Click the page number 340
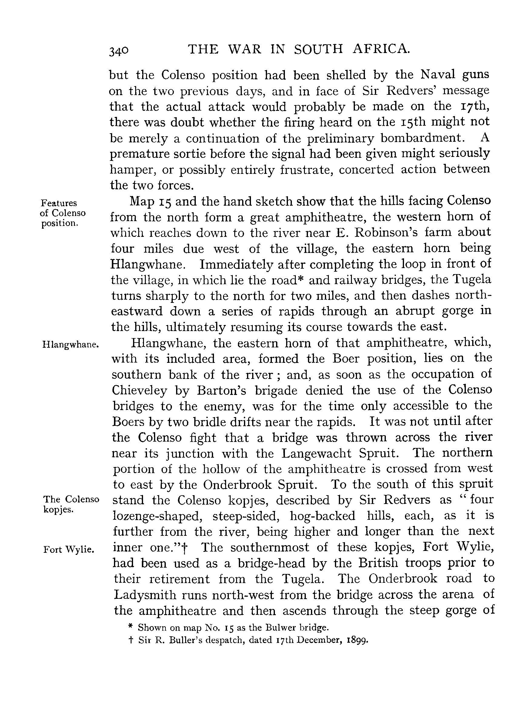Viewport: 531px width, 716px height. [x=119, y=51]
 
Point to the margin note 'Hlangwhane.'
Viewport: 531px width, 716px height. [x=70, y=345]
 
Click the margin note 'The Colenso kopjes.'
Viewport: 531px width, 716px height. [x=71, y=504]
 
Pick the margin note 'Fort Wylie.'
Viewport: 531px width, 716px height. [x=68, y=549]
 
